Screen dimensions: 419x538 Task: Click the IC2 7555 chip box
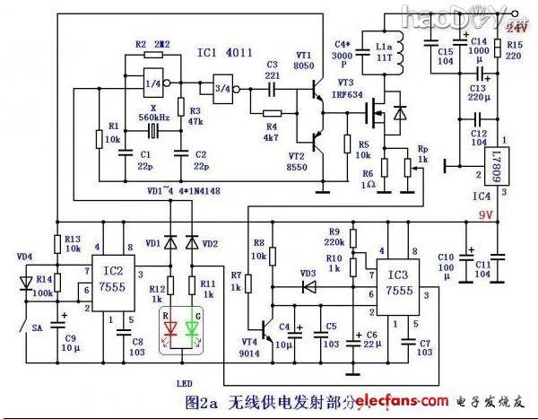click(122, 278)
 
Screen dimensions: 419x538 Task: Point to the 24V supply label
click(517, 29)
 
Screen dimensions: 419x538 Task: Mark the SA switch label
click(38, 328)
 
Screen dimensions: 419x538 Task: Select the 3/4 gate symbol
click(218, 88)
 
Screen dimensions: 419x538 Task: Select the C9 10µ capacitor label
click(69, 341)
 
